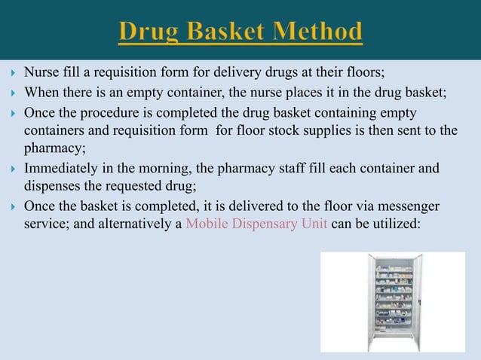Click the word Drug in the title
[x=149, y=32]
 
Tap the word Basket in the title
[x=225, y=32]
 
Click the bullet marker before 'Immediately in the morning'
[x=11, y=169]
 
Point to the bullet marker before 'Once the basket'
[x=11, y=206]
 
